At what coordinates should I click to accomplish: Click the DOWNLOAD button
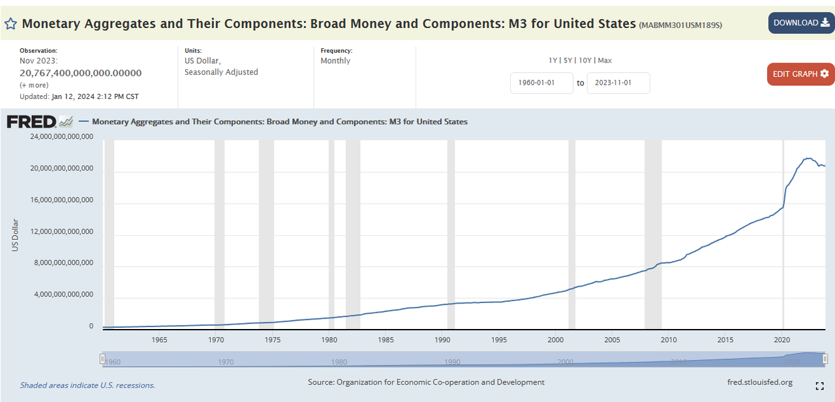(x=801, y=23)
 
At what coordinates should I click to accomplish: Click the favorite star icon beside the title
(x=10, y=24)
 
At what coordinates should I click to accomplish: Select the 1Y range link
(x=553, y=61)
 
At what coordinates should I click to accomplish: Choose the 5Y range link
(x=568, y=61)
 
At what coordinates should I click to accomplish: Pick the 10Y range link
(x=585, y=61)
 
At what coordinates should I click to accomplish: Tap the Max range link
(x=605, y=61)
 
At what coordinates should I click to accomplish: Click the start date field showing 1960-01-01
(x=541, y=83)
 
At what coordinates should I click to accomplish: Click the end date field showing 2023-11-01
(x=618, y=83)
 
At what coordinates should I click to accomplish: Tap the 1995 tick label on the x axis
(x=499, y=339)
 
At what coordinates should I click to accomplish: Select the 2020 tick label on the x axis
(x=782, y=339)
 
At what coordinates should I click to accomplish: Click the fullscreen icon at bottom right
(x=820, y=386)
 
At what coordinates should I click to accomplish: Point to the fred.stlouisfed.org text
(x=759, y=382)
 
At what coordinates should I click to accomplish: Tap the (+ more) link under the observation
(x=34, y=85)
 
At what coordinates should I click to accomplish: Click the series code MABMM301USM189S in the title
(x=680, y=25)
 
